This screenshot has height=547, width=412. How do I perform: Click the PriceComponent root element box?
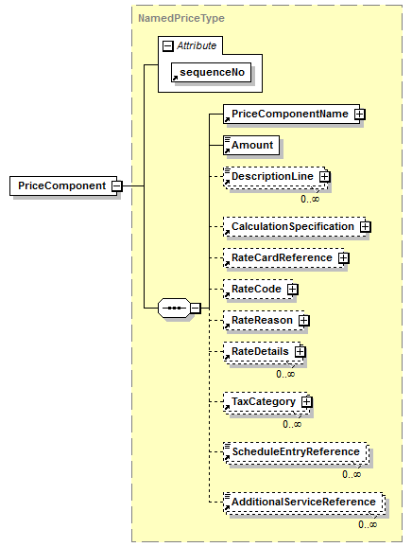coord(63,185)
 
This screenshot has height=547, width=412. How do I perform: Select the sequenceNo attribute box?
coord(211,73)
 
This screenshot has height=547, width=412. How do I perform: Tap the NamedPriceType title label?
coord(181,18)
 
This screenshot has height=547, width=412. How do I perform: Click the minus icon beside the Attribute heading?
coord(168,45)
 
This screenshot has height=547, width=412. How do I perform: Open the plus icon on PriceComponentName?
coord(360,115)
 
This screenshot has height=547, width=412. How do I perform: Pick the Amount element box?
coord(251,145)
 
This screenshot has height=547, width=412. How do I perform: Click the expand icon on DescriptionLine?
coord(324,177)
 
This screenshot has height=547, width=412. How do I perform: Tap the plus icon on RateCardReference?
coord(343,257)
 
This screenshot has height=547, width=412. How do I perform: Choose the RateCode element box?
coord(258,290)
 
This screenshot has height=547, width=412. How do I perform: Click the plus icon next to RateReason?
coord(304,320)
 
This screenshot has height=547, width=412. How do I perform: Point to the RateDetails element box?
coord(263,352)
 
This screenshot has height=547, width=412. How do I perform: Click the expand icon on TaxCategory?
coord(306,402)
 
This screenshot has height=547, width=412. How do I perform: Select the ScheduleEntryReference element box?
coord(296,452)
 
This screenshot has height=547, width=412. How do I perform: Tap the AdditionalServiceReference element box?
coord(304,503)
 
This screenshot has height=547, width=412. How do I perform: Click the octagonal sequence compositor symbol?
coord(174,308)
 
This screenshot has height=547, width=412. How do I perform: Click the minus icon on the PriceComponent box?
coord(117,185)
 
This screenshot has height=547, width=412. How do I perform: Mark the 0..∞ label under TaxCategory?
coord(292,425)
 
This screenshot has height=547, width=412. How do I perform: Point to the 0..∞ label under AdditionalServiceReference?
coord(368,524)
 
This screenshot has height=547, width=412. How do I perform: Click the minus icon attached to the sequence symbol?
coord(196,308)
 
